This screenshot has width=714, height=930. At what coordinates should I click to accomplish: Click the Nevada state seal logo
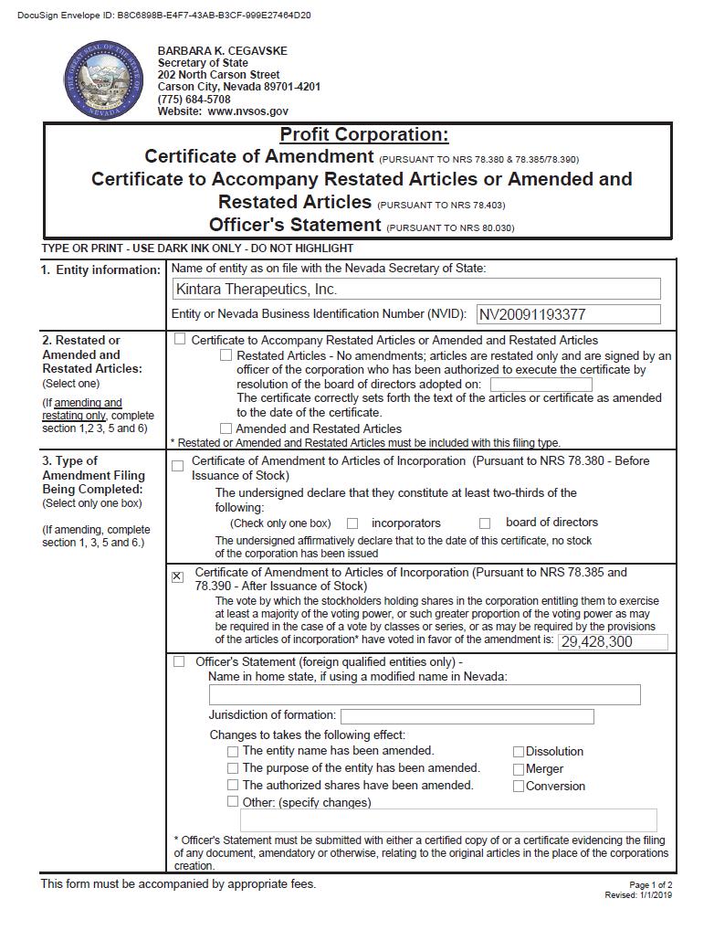pyautogui.click(x=103, y=79)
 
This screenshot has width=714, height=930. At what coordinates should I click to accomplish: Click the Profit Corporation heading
pyautogui.click(x=363, y=135)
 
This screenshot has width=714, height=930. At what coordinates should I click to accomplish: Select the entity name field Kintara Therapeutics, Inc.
pyautogui.click(x=415, y=290)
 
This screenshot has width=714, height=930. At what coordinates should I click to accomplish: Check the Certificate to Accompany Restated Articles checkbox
pyautogui.click(x=180, y=339)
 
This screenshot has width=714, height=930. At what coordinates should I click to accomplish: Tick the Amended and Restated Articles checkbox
pyautogui.click(x=226, y=428)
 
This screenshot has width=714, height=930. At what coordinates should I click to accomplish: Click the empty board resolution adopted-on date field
pyautogui.click(x=541, y=385)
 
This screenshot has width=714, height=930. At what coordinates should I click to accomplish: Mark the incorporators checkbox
pyautogui.click(x=352, y=523)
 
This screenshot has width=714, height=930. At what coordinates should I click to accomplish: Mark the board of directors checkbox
pyautogui.click(x=486, y=523)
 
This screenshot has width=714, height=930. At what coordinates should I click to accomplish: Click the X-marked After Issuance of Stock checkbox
pyautogui.click(x=178, y=576)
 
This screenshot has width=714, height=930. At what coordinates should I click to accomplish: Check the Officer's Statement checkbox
pyautogui.click(x=179, y=661)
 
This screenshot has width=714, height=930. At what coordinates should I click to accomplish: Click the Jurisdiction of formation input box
pyautogui.click(x=467, y=716)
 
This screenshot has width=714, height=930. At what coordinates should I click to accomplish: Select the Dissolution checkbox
pyautogui.click(x=519, y=752)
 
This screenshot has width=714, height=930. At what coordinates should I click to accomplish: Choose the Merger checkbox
pyautogui.click(x=519, y=769)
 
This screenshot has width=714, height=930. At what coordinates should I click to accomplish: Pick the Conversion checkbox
pyautogui.click(x=519, y=786)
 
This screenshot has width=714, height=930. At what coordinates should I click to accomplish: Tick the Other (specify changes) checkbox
pyautogui.click(x=233, y=801)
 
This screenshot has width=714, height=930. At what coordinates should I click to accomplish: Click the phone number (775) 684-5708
pyautogui.click(x=194, y=99)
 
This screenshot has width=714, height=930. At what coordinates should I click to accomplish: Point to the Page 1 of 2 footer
pyautogui.click(x=650, y=884)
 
